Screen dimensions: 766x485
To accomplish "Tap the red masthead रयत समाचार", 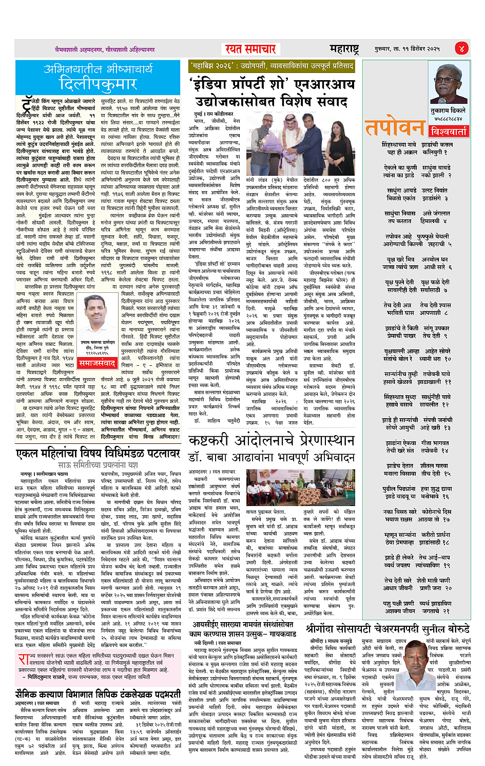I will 251,49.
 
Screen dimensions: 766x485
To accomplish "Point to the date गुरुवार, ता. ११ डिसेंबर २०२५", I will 407,49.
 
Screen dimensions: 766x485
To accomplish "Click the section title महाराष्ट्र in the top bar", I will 344,49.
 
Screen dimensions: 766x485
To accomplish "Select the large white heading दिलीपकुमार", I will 98,84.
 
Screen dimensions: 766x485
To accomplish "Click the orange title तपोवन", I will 394,128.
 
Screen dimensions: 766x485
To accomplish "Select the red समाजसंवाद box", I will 98,363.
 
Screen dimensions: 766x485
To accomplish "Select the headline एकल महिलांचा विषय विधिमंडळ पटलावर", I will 98,453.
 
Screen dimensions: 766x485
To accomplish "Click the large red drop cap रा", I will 23,659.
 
